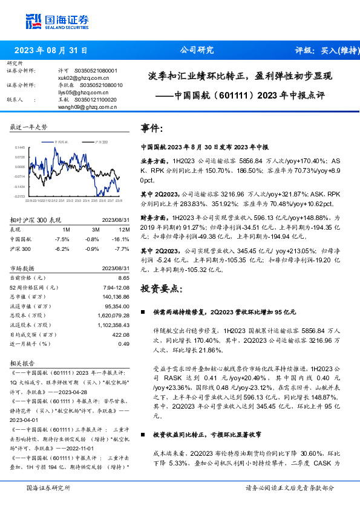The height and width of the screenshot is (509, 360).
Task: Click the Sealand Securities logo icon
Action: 34,21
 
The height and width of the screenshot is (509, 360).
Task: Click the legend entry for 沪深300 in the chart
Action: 100,141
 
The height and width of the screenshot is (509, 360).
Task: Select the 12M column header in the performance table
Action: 125,230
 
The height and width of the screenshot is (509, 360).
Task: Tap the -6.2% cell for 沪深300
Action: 62,248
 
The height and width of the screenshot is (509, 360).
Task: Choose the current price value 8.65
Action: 124,277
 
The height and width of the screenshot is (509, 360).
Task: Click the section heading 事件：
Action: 152,129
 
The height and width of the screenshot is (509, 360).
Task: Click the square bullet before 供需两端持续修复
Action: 143,313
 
